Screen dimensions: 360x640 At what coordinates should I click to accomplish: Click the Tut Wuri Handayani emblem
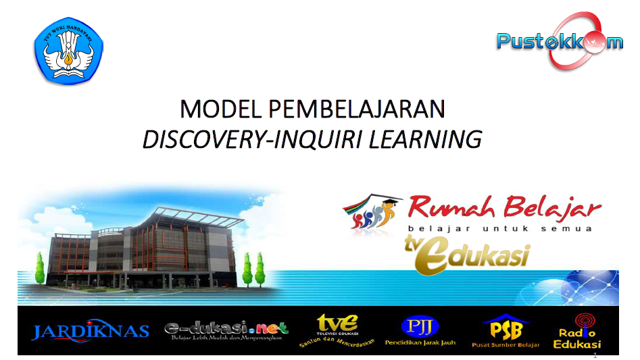point(68,51)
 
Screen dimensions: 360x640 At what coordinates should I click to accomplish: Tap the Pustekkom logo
point(560,41)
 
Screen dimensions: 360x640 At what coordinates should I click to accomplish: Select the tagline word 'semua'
point(570,228)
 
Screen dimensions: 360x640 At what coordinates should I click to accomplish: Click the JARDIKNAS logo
point(90,331)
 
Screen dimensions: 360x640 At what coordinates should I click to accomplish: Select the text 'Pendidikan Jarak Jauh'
point(420,342)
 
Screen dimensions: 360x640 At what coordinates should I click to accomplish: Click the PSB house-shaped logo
point(506,327)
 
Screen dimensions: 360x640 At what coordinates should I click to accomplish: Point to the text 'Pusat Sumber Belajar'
point(506,344)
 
